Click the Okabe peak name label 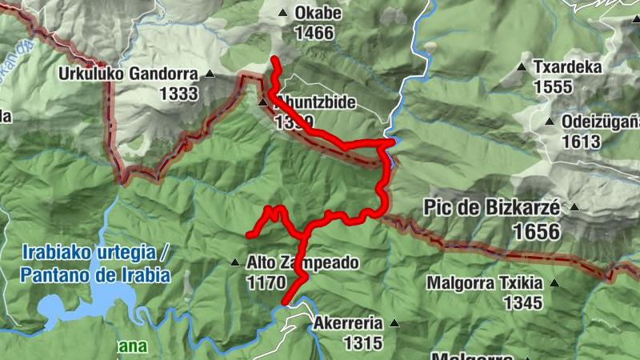point(318,14)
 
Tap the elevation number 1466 point(314,34)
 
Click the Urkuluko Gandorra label point(128,74)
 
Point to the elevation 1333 point(178,94)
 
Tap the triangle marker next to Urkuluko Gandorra point(210,74)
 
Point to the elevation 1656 point(534,231)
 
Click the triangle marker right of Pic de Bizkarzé point(573,207)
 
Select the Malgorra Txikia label point(484,283)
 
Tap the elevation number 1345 point(523,302)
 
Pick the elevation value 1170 point(266,282)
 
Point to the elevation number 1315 point(363,343)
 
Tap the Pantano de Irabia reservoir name point(97,275)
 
